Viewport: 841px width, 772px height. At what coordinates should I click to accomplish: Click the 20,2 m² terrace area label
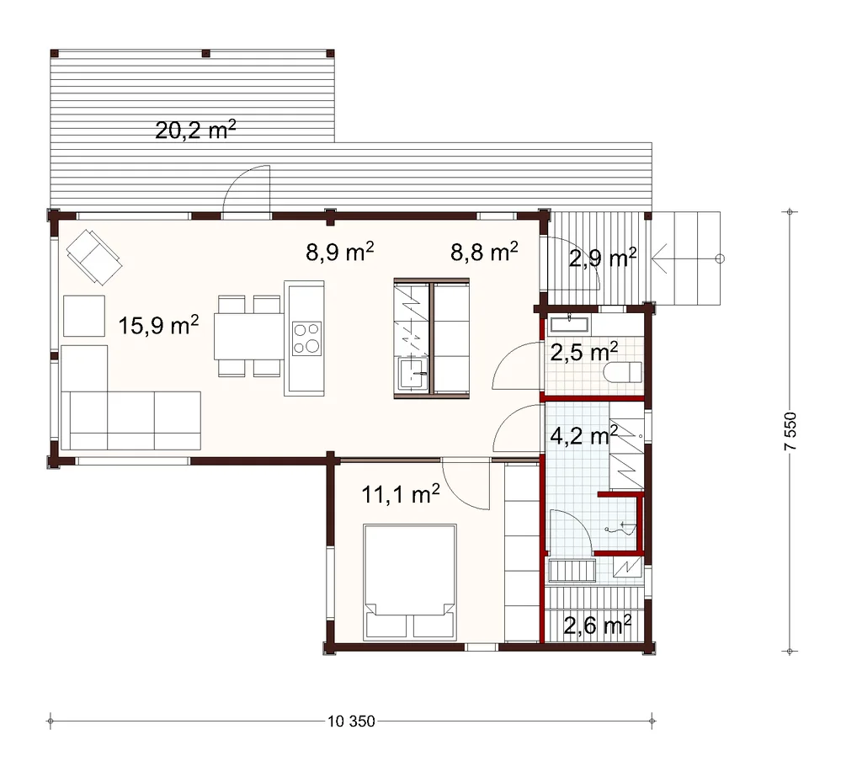tap(195, 130)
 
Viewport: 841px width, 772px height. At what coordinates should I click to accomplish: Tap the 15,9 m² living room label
tap(158, 325)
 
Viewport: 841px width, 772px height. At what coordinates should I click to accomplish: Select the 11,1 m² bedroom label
tap(401, 493)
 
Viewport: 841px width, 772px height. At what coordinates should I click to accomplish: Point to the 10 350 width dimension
tap(351, 721)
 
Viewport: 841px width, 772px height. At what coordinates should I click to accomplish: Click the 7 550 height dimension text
tap(790, 431)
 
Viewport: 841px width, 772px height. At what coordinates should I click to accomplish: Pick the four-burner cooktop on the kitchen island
tap(306, 338)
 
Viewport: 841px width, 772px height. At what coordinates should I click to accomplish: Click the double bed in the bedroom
tap(410, 582)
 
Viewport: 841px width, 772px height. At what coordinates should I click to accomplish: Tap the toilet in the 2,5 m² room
tap(623, 372)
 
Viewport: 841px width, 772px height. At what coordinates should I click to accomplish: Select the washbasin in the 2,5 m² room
tap(569, 325)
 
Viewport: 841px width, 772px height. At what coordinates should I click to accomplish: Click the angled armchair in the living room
tap(94, 257)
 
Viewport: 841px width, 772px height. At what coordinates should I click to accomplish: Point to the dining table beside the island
tap(249, 337)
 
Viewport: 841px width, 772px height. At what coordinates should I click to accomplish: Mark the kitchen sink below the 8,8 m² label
tap(413, 373)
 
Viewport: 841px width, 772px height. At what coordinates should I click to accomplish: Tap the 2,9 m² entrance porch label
tap(602, 258)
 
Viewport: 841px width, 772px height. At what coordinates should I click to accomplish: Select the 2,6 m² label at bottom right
tap(597, 625)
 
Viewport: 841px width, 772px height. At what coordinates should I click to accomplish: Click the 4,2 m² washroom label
tap(584, 435)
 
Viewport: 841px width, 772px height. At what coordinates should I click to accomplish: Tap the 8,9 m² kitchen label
tap(339, 251)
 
